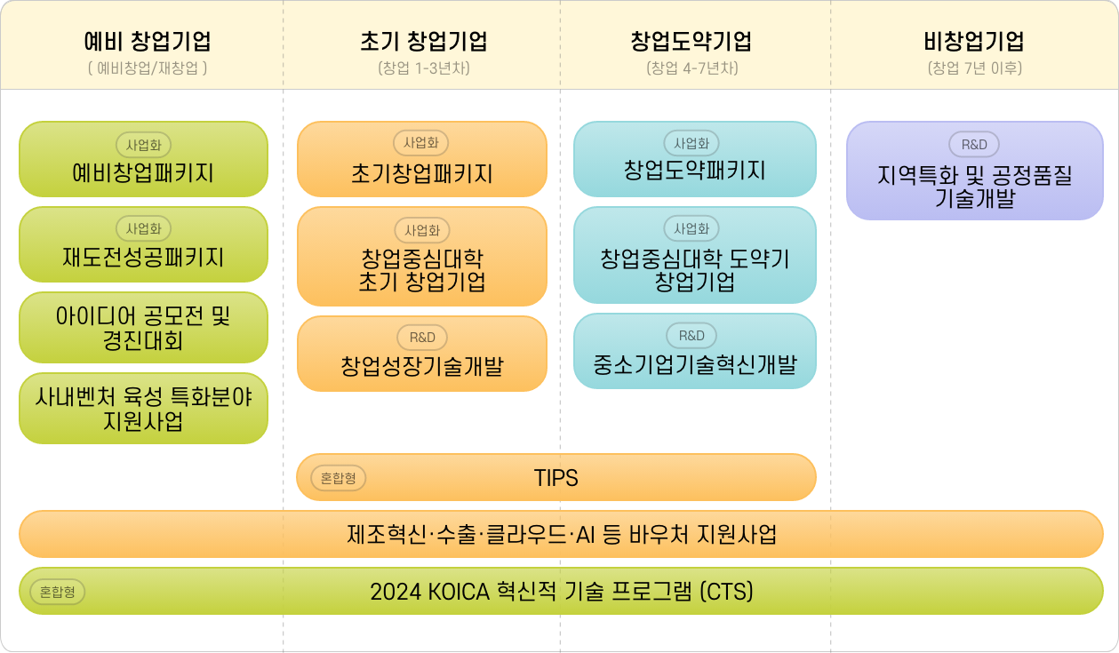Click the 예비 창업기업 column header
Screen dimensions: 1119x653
[x=147, y=41]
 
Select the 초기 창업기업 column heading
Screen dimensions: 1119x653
[x=424, y=41]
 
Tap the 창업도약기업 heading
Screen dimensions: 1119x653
[x=691, y=41]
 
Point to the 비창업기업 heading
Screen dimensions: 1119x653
[x=974, y=41]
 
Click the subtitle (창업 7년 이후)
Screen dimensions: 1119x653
[x=974, y=68]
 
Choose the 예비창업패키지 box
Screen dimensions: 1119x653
[x=143, y=160]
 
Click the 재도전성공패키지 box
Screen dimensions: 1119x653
[x=143, y=245]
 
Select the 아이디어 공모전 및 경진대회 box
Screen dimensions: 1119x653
[x=143, y=328]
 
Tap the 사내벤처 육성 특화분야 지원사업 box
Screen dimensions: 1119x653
[x=143, y=409]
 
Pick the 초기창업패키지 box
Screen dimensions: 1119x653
[x=421, y=160]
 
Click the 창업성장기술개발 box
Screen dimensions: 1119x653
[x=421, y=354]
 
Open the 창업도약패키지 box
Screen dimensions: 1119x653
[x=694, y=160]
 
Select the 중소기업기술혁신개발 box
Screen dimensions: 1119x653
[x=694, y=353]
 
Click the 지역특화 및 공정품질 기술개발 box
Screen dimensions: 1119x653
[x=974, y=171]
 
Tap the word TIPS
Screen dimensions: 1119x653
[x=556, y=478]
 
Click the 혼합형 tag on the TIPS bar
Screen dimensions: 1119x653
[x=339, y=478]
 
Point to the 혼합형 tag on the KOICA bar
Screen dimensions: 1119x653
[x=57, y=592]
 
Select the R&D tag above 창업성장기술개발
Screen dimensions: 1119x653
[x=422, y=338]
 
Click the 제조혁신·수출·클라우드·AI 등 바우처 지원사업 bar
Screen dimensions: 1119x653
[x=561, y=535]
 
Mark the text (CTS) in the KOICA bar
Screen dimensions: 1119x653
[x=726, y=592]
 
